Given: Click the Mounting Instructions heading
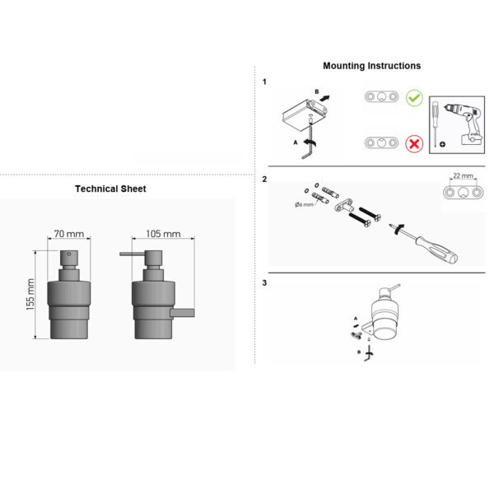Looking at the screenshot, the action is click(372, 66).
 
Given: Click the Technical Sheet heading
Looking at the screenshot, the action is click(110, 189).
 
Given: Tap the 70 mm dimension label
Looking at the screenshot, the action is click(68, 234).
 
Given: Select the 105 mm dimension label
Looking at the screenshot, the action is click(163, 234).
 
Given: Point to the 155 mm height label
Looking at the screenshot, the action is click(30, 295).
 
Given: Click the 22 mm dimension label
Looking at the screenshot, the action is click(463, 175).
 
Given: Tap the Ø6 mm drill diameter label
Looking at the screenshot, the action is click(304, 204).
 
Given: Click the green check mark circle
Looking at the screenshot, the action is click(414, 98).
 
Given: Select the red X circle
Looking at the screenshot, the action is click(414, 144).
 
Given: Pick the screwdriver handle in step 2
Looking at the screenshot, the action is click(437, 250).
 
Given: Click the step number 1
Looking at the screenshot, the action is click(264, 82).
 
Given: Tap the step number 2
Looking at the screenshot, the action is click(264, 179).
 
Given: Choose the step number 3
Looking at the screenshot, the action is click(264, 283).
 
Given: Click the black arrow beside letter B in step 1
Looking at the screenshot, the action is click(324, 99).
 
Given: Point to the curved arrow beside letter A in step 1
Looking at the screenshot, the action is click(310, 143).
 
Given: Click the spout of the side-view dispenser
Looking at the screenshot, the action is click(132, 254).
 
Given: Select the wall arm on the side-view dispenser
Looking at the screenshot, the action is click(183, 313).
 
